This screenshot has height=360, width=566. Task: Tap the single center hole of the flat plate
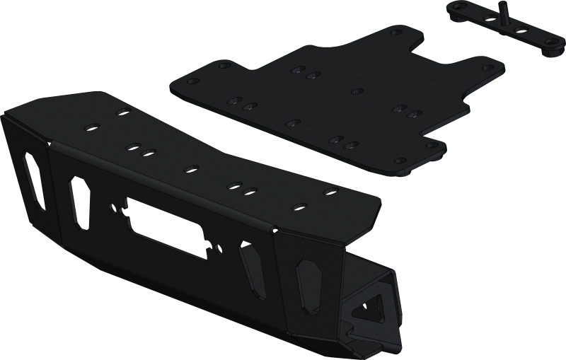(357, 91)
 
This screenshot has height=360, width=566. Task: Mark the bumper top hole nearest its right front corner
(328, 191)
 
